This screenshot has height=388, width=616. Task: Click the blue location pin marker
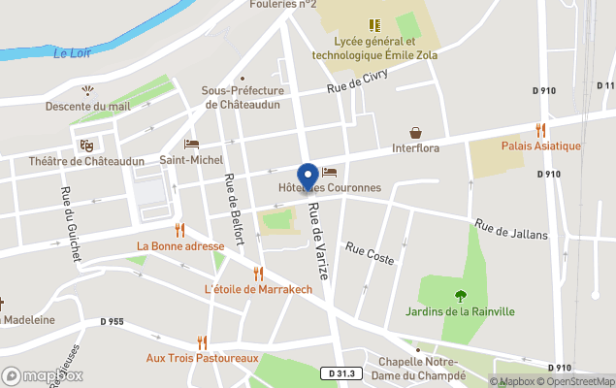coord(308,176)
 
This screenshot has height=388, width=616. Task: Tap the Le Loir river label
coord(73,53)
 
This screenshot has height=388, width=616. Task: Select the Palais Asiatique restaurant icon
coord(541,129)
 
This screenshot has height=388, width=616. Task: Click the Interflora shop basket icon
coord(416,132)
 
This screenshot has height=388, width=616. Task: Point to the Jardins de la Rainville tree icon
coord(461,295)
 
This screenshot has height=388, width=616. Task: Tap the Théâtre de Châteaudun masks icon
coord(86,145)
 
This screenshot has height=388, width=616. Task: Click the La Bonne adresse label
coord(180,246)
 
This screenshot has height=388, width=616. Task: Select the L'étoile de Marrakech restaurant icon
coord(258,274)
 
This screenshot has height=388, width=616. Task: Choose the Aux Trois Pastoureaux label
coord(202,358)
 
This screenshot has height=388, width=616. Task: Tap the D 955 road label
coord(112,321)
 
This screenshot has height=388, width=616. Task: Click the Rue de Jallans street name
coord(511,229)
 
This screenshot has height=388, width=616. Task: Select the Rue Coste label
coord(370,254)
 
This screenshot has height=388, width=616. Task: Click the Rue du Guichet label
coord(70,222)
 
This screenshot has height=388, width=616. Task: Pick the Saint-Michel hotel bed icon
coord(191,144)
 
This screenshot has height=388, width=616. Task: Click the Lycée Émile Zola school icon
coord(373,25)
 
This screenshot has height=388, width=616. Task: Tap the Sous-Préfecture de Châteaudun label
coord(243,97)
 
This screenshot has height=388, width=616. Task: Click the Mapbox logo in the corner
coord(43,375)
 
